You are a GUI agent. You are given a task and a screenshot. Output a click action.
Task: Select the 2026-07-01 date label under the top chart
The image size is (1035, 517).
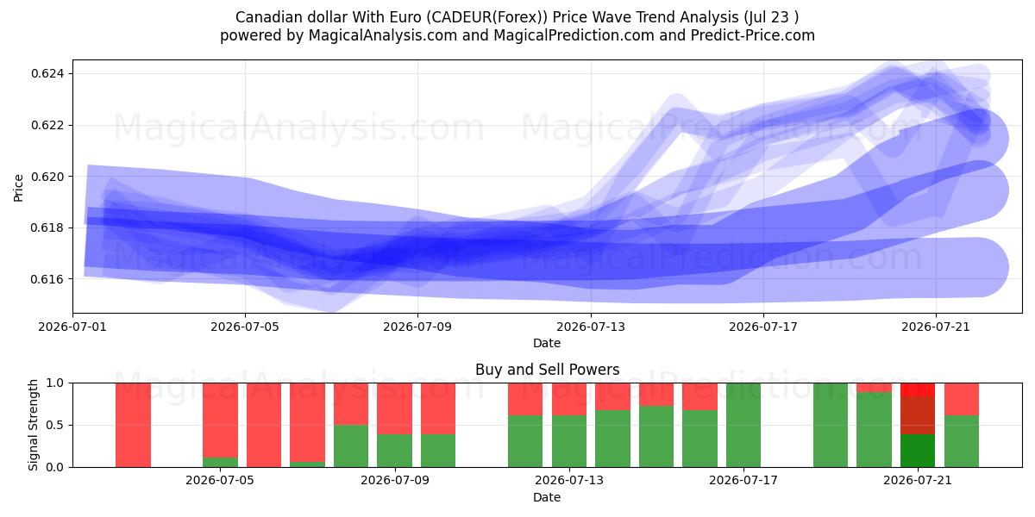point(72,327)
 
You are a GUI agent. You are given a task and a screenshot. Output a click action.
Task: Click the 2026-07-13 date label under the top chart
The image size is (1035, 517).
point(591,327)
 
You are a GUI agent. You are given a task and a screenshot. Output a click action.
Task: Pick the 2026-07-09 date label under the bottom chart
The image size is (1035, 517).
point(395,481)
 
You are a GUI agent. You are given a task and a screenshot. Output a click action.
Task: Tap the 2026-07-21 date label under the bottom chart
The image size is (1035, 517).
point(918,481)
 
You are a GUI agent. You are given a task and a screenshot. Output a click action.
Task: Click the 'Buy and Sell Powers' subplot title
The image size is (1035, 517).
point(547,370)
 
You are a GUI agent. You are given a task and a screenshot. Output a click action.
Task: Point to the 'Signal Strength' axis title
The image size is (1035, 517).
point(33,425)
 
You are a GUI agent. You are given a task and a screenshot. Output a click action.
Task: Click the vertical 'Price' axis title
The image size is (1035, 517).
point(18,188)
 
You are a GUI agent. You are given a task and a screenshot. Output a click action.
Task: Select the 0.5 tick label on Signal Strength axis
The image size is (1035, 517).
point(54,425)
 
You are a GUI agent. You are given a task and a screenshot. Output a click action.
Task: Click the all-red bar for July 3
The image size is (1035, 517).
point(133,425)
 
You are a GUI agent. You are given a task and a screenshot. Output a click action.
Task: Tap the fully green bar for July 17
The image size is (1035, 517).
point(743,425)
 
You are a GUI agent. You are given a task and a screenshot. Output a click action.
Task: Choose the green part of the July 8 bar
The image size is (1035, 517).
point(351,446)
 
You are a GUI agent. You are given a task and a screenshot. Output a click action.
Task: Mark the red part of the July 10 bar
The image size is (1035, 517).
point(438,408)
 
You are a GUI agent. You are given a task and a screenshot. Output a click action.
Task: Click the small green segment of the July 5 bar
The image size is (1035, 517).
point(221,462)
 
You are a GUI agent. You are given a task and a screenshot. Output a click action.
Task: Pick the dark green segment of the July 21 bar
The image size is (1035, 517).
point(918,451)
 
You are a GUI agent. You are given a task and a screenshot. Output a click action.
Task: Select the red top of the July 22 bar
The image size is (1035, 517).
point(962,399)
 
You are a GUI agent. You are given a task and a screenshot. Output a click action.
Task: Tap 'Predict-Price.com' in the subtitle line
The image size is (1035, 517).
point(753,35)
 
